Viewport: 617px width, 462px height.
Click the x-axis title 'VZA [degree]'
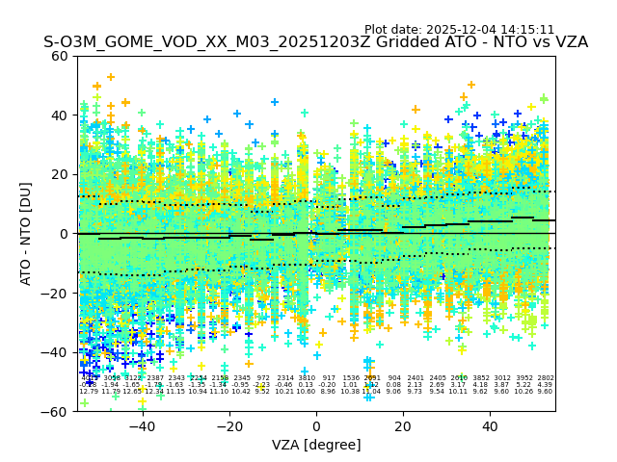pyautogui.click(x=316, y=445)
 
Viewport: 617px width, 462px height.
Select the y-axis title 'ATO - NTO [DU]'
pyautogui.click(x=26, y=233)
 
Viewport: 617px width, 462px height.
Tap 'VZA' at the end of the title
pyautogui.click(x=569, y=43)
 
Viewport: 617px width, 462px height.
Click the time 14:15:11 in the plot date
pyautogui.click(x=528, y=30)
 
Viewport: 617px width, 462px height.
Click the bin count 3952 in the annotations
pyautogui.click(x=523, y=378)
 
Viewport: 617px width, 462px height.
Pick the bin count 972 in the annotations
pyautogui.click(x=263, y=378)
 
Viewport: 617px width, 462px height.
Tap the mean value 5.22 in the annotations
pyautogui.click(x=523, y=385)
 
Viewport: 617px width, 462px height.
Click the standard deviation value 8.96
pyautogui.click(x=328, y=392)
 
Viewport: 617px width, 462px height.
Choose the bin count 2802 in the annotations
pyautogui.click(x=546, y=378)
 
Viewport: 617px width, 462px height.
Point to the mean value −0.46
pyautogui.click(x=285, y=385)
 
